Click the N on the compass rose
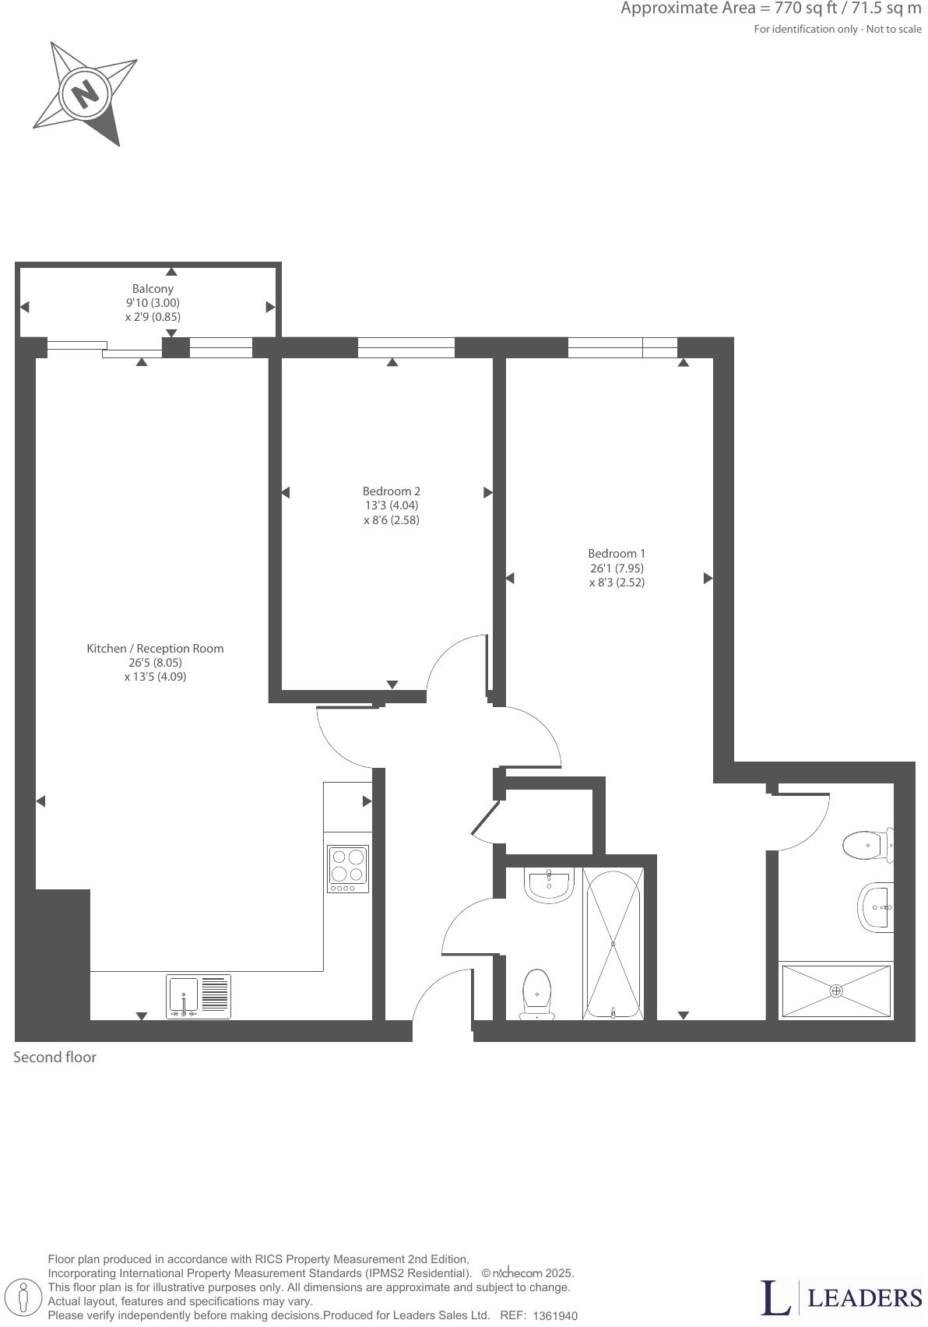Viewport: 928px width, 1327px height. click(x=86, y=93)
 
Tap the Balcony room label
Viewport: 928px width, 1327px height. click(x=153, y=289)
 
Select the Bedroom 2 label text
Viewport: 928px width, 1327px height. click(x=392, y=491)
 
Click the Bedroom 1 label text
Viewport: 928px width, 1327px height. click(x=617, y=554)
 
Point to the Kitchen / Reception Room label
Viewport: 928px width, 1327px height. click(x=155, y=648)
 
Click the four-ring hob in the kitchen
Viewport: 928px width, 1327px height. click(x=348, y=869)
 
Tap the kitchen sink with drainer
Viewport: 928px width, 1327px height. click(x=199, y=997)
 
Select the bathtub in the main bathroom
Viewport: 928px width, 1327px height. click(x=613, y=944)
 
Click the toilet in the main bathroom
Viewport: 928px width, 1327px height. click(x=536, y=993)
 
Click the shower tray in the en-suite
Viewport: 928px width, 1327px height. click(x=836, y=991)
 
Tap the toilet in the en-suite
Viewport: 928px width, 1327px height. click(x=866, y=845)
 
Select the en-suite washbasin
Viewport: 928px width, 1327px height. click(x=875, y=907)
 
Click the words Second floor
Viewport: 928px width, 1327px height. click(x=54, y=1058)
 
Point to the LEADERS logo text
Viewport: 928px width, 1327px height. click(x=864, y=1297)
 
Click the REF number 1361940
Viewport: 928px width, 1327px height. click(x=555, y=1316)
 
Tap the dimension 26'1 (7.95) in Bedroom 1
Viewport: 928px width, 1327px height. click(x=617, y=568)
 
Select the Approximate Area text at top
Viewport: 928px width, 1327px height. click(x=771, y=9)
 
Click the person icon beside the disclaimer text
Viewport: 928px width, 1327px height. click(x=24, y=1299)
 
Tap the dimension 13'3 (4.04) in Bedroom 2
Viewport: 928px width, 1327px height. click(x=392, y=505)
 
